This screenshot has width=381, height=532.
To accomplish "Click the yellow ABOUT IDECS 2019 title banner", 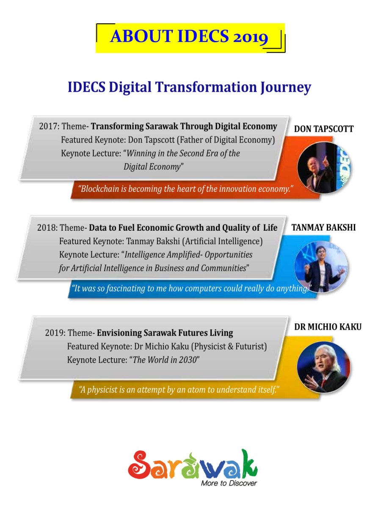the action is coord(190,38).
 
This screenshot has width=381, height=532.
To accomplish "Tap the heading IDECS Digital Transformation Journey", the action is coord(189,87).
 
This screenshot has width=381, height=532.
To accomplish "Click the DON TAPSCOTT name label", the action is coord(324,129).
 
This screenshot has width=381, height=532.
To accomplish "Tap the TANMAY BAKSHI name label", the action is coord(323,227).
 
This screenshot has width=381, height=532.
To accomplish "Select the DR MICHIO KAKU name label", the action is coord(328,327).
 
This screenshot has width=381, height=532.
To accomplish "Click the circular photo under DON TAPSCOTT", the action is coord(324,167).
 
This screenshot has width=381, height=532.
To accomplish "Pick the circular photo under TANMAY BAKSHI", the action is coord(321,267).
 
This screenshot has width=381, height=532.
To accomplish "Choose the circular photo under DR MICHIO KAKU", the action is coord(324,367).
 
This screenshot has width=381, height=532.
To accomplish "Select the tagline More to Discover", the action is coord(229,483).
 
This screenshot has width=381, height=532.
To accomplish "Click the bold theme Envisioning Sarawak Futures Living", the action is coord(165,333).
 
